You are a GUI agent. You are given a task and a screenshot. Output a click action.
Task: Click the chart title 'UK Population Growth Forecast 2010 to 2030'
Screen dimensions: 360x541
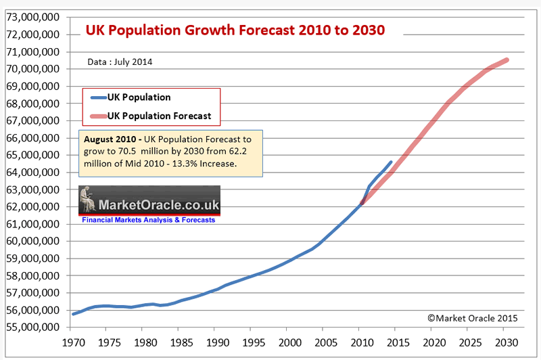234,30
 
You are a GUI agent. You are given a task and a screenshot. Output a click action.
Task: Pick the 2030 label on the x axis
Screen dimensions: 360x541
507,343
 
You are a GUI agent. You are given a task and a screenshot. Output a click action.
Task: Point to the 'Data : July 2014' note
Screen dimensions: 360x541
120,62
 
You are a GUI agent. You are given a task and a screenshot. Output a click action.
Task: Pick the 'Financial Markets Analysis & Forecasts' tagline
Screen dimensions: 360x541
148,220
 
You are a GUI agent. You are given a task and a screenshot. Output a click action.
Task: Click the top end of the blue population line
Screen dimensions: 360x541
391,162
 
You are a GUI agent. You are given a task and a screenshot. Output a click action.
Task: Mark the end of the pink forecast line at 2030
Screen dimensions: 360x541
507,60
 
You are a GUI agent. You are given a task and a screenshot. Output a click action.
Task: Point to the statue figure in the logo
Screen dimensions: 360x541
88,199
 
